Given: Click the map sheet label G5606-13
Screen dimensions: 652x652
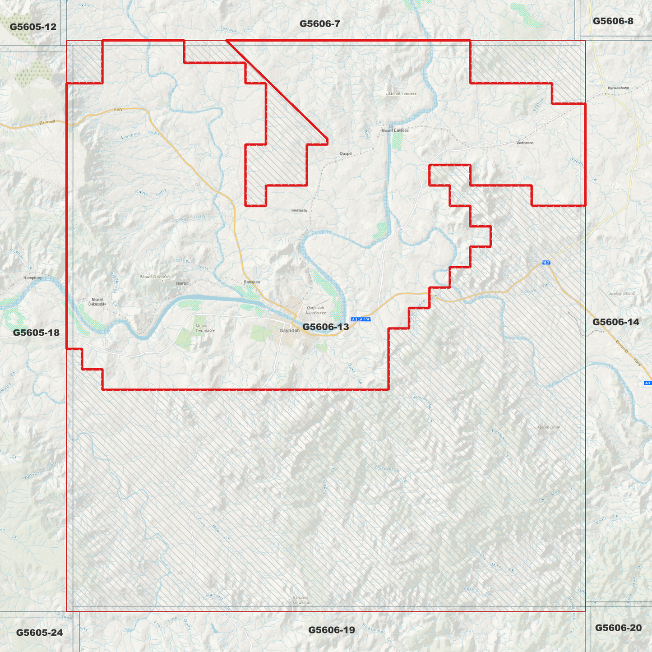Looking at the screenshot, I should click(325, 327).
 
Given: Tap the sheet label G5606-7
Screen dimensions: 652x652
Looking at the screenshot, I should click(319, 23).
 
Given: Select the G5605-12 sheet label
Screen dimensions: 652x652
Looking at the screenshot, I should click(33, 27).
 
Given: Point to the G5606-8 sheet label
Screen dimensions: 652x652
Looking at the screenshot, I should click(613, 21).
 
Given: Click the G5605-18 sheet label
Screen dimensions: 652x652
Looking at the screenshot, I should click(36, 333).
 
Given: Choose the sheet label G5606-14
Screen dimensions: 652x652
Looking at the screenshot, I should click(615, 322).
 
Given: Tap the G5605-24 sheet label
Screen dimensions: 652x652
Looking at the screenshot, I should click(39, 632).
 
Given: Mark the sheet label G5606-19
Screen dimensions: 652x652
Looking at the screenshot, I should click(331, 629).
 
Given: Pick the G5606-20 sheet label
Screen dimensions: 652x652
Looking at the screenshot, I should click(618, 628).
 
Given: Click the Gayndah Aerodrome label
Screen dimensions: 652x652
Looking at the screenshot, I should click(315, 310).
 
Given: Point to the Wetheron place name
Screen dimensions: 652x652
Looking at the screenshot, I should click(525, 143).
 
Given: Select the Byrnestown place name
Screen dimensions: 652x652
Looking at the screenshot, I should click(618, 88).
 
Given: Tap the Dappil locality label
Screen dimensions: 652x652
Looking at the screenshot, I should click(346, 153).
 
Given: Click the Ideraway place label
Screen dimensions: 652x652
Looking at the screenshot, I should click(299, 210).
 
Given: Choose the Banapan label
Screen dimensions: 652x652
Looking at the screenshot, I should click(252, 282).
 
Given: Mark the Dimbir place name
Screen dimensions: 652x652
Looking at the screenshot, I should click(182, 283).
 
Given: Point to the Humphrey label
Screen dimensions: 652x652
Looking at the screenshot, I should click(32, 278).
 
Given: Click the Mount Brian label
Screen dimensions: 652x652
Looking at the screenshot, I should click(548, 427).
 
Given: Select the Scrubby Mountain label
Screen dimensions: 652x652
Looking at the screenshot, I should click(301, 600).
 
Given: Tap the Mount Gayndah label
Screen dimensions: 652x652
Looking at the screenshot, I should click(155, 277).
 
